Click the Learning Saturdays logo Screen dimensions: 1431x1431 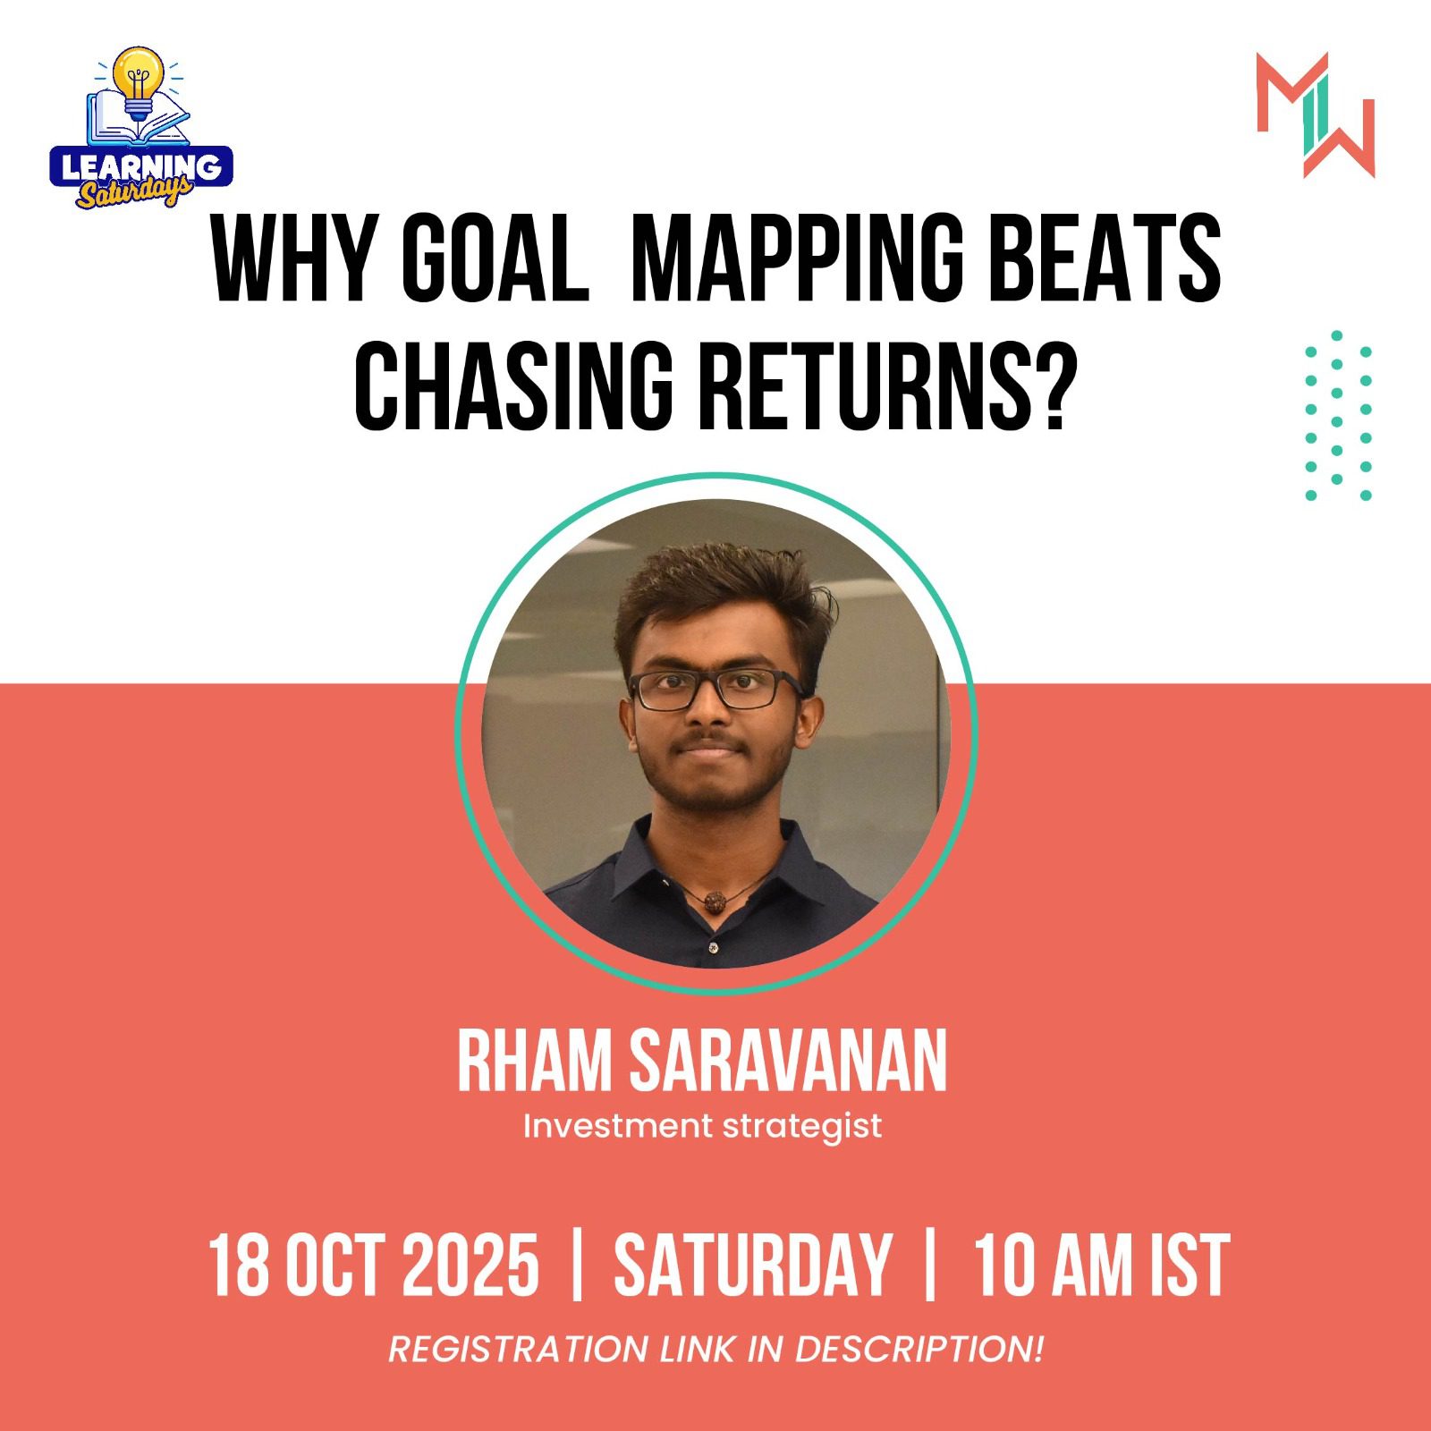pyautogui.click(x=140, y=130)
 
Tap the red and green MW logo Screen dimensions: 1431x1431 pyautogui.click(x=1315, y=114)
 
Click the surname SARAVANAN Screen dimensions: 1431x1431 pyautogui.click(x=787, y=1062)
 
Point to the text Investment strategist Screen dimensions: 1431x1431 pyautogui.click(x=702, y=1126)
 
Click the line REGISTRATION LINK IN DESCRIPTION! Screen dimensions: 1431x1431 pyautogui.click(x=715, y=1349)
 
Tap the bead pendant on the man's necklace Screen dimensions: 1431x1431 pyautogui.click(x=713, y=901)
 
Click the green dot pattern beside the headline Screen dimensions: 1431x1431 pyautogui.click(x=1338, y=416)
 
